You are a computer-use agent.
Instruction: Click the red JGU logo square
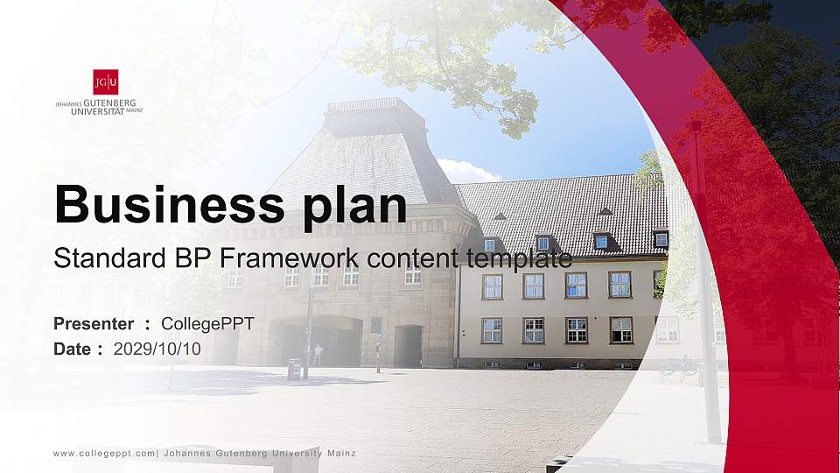click(106, 81)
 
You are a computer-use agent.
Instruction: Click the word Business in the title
click(170, 205)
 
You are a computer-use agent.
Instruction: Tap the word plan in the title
click(354, 207)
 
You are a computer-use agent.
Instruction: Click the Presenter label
click(94, 324)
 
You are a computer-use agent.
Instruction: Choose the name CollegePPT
click(207, 324)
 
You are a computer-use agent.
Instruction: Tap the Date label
click(72, 349)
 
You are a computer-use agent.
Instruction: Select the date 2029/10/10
click(157, 349)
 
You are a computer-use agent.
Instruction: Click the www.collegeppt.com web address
click(104, 454)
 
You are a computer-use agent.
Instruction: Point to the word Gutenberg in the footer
click(241, 454)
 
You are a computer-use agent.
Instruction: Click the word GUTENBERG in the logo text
click(110, 103)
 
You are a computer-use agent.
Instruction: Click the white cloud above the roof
click(467, 171)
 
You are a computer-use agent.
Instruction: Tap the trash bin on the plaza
click(294, 369)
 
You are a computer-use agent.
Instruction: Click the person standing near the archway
click(318, 355)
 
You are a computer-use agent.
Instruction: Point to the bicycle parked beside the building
click(679, 366)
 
